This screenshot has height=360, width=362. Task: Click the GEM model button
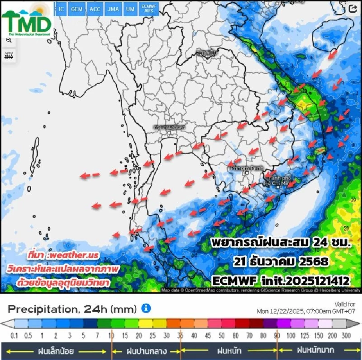coord(77,9)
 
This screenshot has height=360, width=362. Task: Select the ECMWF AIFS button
coord(149,9)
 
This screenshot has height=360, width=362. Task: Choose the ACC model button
coord(95,9)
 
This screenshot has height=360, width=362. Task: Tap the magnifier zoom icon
coord(9,41)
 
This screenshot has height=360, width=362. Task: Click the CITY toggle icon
coord(9,56)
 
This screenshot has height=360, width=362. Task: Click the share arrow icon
coord(353,9)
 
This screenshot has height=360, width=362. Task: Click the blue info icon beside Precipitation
coord(146,309)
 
